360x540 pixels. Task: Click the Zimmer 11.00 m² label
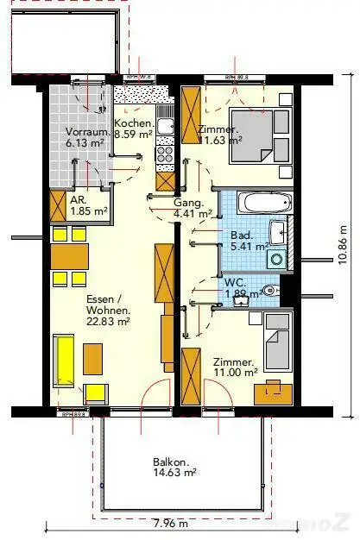(x=233, y=367)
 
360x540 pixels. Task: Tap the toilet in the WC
(x=271, y=291)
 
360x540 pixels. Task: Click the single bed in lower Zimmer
(x=277, y=340)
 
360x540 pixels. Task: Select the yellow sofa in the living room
(x=65, y=361)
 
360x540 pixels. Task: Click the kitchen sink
(x=165, y=128)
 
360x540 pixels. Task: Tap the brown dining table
(x=70, y=256)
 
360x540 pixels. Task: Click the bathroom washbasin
(x=278, y=234)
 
